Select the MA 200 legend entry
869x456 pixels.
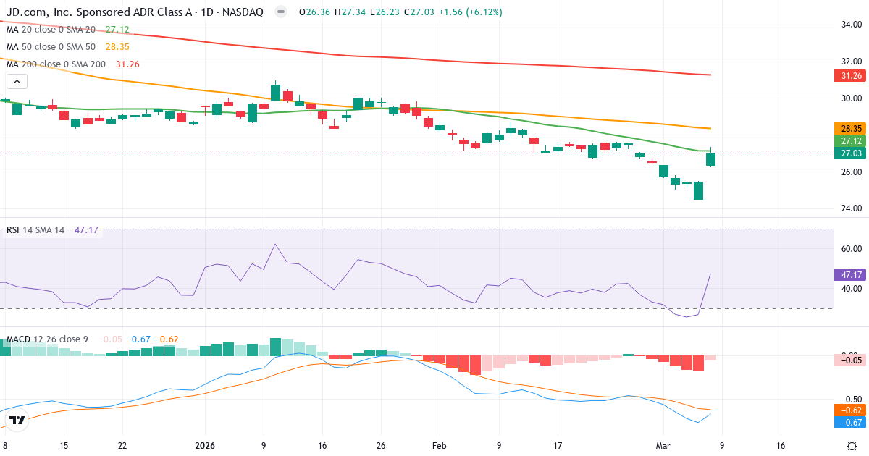coord(72,64)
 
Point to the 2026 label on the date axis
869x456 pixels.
coord(206,446)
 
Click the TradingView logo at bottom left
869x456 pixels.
coord(17,420)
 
